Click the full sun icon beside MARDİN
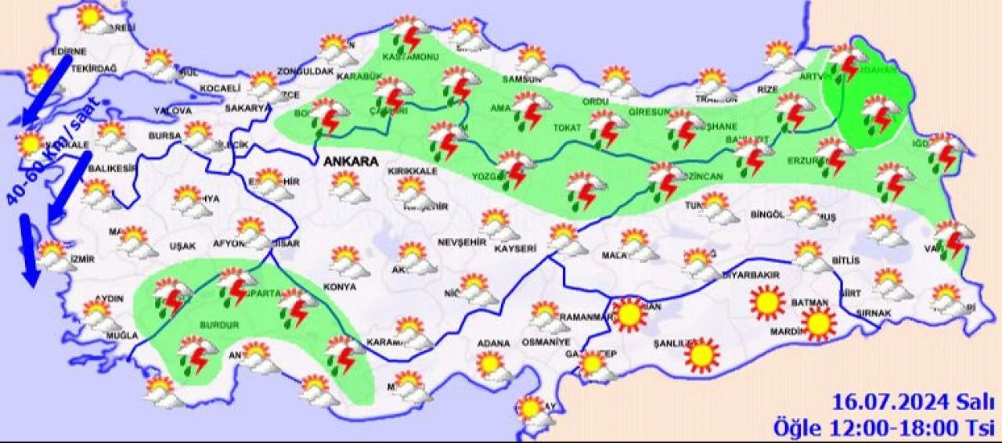click(x=820, y=322)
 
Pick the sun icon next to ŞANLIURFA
click(x=701, y=355)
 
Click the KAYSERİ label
click(x=515, y=248)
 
